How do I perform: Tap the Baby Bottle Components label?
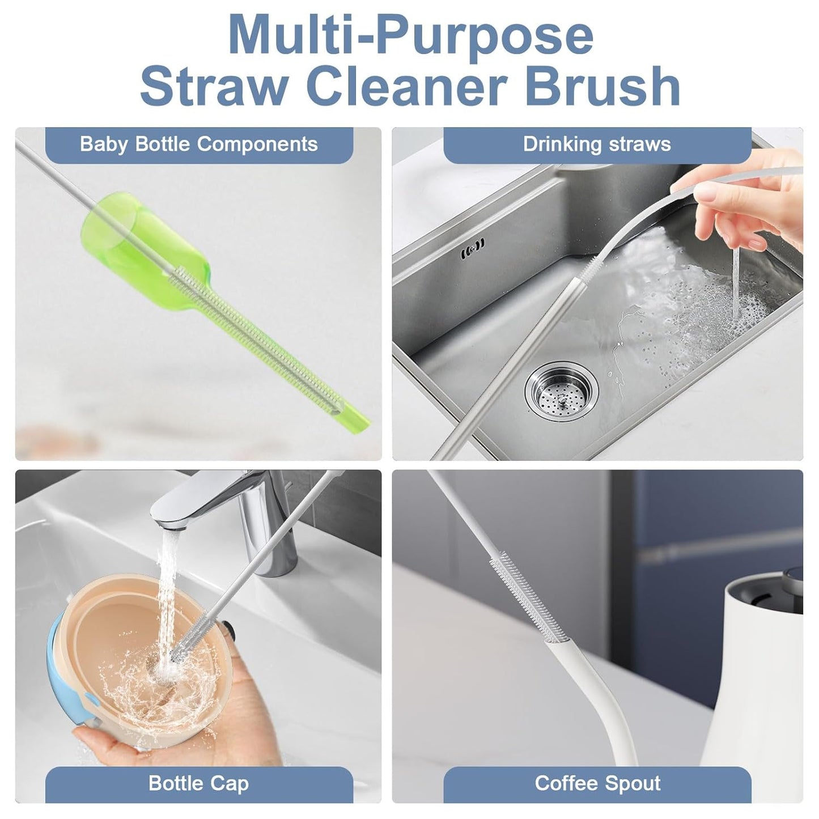198,145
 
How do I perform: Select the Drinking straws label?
597,145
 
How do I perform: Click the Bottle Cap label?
198,783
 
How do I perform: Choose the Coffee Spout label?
597,783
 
